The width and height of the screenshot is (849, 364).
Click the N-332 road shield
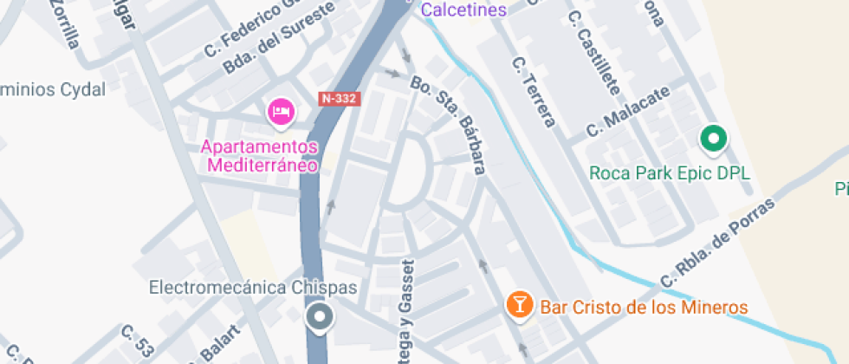click(x=339, y=99)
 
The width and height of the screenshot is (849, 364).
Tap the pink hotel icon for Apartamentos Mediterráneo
click(x=282, y=111)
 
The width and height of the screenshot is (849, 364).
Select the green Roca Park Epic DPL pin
click(x=713, y=139)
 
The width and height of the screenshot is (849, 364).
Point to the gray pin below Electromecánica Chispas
click(x=321, y=317)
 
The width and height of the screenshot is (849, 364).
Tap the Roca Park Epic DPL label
click(x=670, y=172)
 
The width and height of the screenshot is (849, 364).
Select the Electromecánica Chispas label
click(x=253, y=286)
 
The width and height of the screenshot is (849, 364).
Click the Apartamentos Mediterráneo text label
click(x=260, y=155)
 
